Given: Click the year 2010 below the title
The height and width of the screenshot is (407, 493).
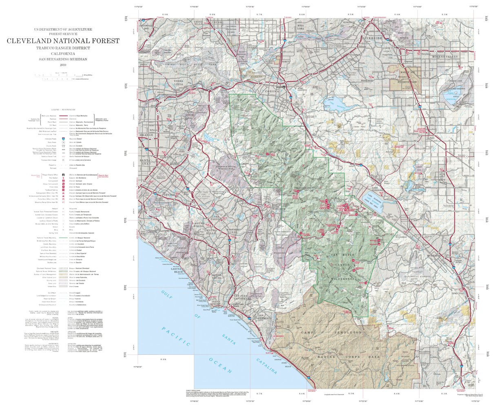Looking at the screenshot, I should (x=63, y=65).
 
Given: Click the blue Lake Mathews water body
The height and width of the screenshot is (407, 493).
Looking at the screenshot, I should (x=334, y=100).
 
